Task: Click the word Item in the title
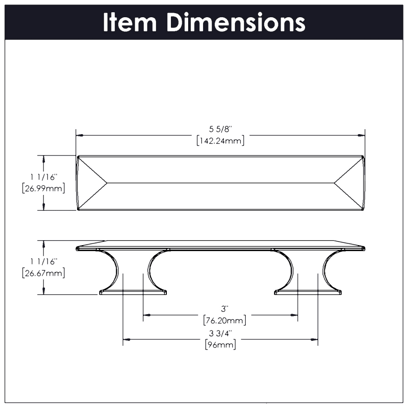coord(130,22)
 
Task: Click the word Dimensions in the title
coord(236,22)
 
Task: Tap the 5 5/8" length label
coord(221,130)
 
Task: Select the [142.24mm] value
coord(221,141)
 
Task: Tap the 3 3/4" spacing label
coord(220,333)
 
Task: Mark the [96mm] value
coord(220,345)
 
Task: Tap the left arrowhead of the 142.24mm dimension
coord(79,135)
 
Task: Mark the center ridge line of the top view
coord(221,183)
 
